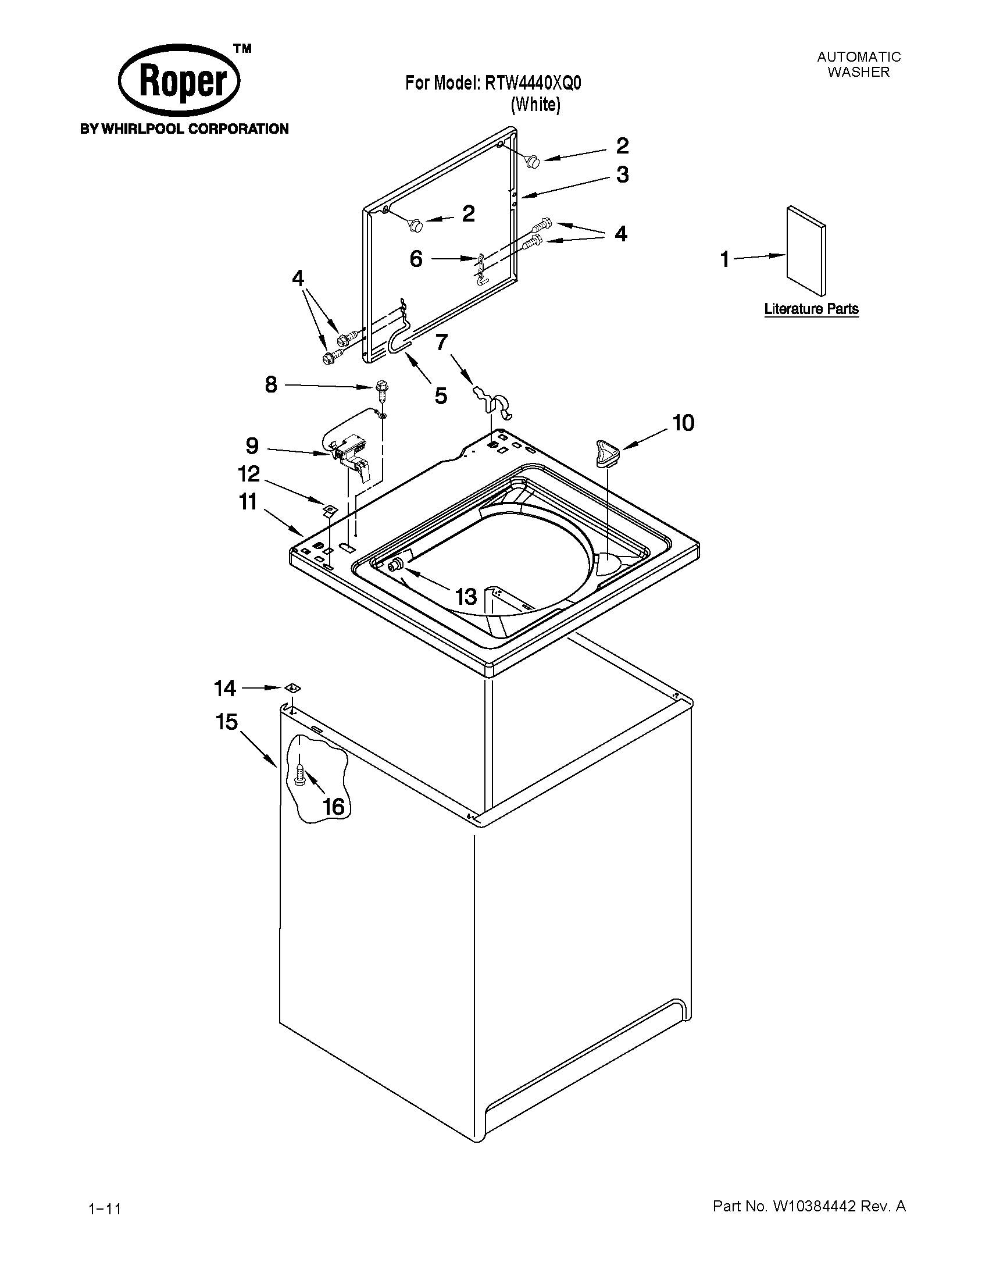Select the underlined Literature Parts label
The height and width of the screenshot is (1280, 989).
click(x=811, y=309)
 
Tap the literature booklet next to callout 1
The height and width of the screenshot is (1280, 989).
click(x=806, y=251)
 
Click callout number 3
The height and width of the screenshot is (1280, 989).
click(x=622, y=174)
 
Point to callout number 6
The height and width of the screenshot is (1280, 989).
click(x=416, y=258)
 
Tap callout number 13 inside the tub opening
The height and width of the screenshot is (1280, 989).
click(x=466, y=597)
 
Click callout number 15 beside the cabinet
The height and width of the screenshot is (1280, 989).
click(x=227, y=722)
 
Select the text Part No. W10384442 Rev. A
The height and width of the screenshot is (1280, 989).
click(x=809, y=1206)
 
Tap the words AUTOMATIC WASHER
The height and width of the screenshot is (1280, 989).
click(x=858, y=65)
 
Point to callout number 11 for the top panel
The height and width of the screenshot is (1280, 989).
click(x=248, y=502)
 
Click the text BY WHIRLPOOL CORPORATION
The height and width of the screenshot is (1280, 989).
click(x=184, y=129)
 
